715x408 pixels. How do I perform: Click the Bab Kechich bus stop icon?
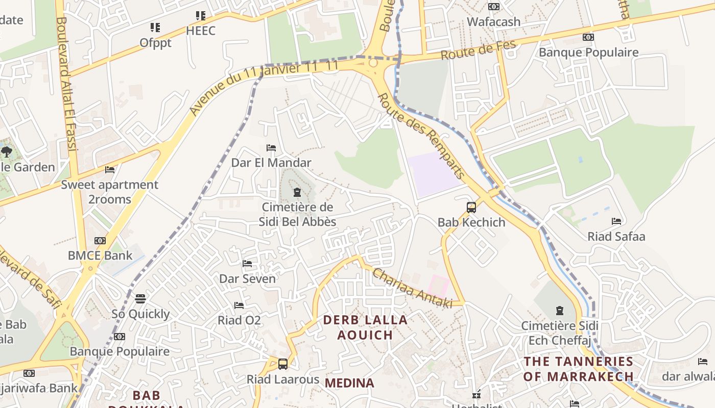click(x=471, y=208)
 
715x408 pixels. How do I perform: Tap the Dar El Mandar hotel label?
click(x=271, y=163)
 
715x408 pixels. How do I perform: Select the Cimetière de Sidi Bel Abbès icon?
click(x=297, y=192)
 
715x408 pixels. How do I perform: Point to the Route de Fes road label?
click(x=479, y=49)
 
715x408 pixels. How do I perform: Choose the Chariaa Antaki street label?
click(x=412, y=288)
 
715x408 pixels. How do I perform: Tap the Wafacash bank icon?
click(x=493, y=7)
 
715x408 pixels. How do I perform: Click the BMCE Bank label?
click(x=100, y=255)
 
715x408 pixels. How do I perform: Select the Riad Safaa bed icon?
click(x=616, y=221)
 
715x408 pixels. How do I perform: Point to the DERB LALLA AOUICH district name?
click(x=366, y=327)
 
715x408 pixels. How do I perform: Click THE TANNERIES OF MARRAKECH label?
click(x=579, y=369)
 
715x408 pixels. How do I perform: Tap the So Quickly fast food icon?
click(x=140, y=298)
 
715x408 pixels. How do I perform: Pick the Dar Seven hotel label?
click(x=247, y=278)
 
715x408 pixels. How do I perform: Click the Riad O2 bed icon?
click(x=239, y=305)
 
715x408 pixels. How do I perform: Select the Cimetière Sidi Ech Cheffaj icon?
click(x=560, y=310)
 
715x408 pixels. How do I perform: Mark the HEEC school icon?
click(x=201, y=16)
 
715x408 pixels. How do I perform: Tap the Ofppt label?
click(x=156, y=43)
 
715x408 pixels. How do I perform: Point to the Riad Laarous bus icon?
click(x=282, y=364)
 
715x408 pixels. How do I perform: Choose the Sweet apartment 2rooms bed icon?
click(x=110, y=169)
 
